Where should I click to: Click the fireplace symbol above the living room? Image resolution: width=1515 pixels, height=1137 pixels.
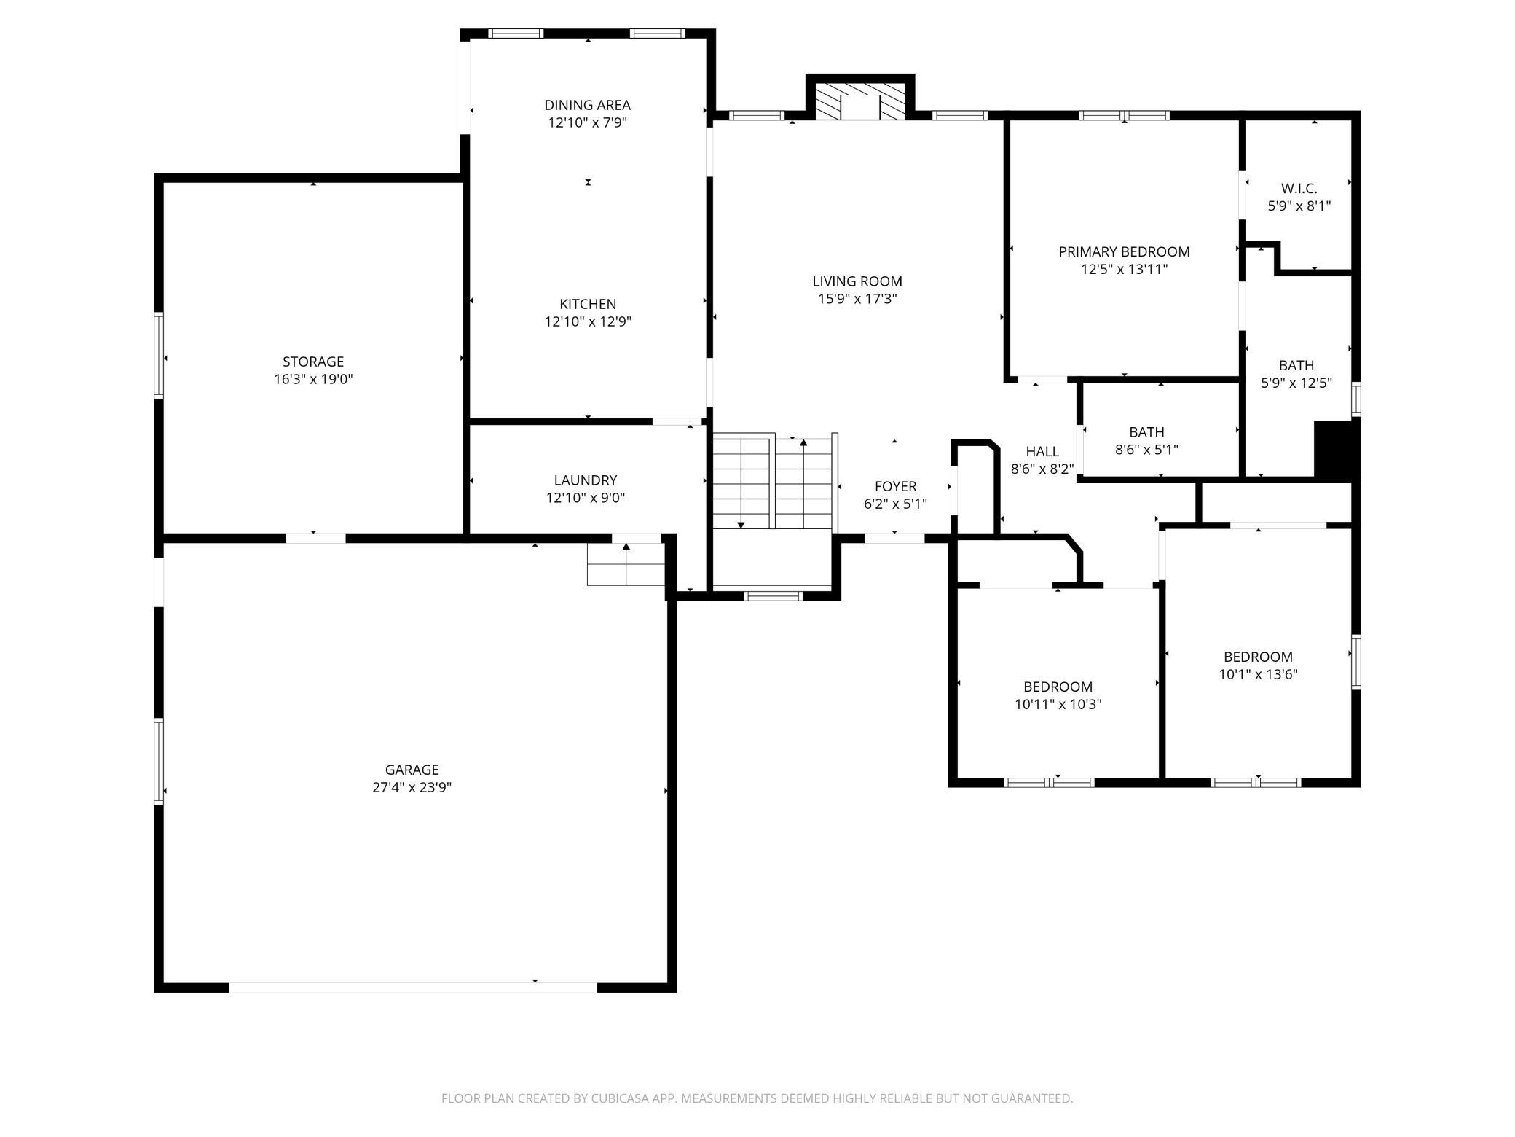(860, 101)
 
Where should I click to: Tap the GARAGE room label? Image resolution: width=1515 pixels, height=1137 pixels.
(412, 770)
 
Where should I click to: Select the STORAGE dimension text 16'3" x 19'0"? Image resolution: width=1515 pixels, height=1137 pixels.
(313, 379)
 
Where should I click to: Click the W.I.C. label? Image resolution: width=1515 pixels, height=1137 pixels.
(1299, 188)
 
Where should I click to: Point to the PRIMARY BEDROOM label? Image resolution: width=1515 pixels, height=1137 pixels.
(1124, 251)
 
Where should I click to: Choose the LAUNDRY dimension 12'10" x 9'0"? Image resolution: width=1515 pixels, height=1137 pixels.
(586, 498)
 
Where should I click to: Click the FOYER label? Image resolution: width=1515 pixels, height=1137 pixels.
(895, 486)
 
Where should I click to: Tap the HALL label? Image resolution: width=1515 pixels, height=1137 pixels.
(1042, 451)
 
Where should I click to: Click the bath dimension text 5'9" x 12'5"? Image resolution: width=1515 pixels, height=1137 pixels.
(1296, 383)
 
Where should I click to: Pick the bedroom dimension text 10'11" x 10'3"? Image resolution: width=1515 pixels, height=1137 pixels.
(1058, 704)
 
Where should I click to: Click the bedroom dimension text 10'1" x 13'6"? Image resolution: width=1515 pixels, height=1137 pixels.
(1258, 674)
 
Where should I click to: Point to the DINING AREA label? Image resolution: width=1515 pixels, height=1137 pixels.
(587, 105)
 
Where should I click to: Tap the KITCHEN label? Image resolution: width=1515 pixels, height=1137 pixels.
(587, 304)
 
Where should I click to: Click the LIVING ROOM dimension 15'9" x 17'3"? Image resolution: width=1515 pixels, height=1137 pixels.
(857, 299)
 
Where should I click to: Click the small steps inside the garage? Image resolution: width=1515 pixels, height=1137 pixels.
(626, 564)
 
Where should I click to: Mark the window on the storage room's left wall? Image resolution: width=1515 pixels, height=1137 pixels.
(159, 355)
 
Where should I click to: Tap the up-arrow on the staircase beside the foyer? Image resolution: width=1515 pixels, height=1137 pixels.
(803, 442)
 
